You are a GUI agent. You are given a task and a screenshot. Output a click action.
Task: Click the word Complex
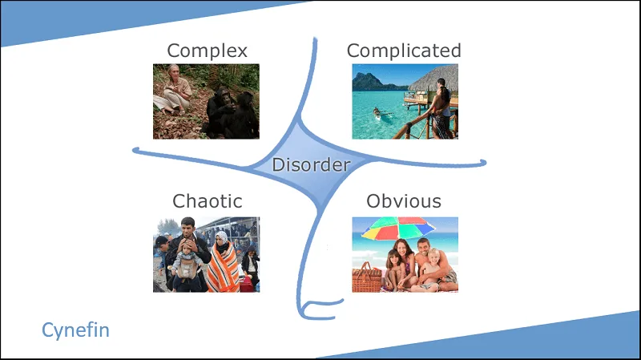pyautogui.click(x=207, y=51)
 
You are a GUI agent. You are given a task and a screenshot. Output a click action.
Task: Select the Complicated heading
pyautogui.click(x=404, y=51)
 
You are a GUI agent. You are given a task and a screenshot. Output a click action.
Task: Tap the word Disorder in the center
pyautogui.click(x=311, y=165)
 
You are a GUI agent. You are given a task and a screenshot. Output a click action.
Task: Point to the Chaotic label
pyautogui.click(x=208, y=201)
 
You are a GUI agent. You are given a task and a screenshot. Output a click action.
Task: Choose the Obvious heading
pyautogui.click(x=404, y=201)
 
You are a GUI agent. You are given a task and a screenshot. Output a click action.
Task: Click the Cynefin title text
pyautogui.click(x=75, y=330)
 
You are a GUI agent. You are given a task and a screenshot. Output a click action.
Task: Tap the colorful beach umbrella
pyautogui.click(x=397, y=228)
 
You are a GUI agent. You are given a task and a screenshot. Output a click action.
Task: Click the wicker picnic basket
pyautogui.click(x=367, y=277)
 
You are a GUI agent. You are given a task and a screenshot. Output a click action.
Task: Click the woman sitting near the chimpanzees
pyautogui.click(x=174, y=91)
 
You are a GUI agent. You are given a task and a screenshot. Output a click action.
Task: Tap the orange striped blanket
pyautogui.click(x=224, y=269)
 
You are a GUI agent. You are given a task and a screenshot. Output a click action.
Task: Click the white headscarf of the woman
pyautogui.click(x=222, y=238)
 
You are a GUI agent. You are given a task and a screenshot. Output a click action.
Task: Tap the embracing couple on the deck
pyautogui.click(x=442, y=108)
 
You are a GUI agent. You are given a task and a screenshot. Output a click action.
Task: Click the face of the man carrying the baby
pyautogui.click(x=187, y=228)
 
